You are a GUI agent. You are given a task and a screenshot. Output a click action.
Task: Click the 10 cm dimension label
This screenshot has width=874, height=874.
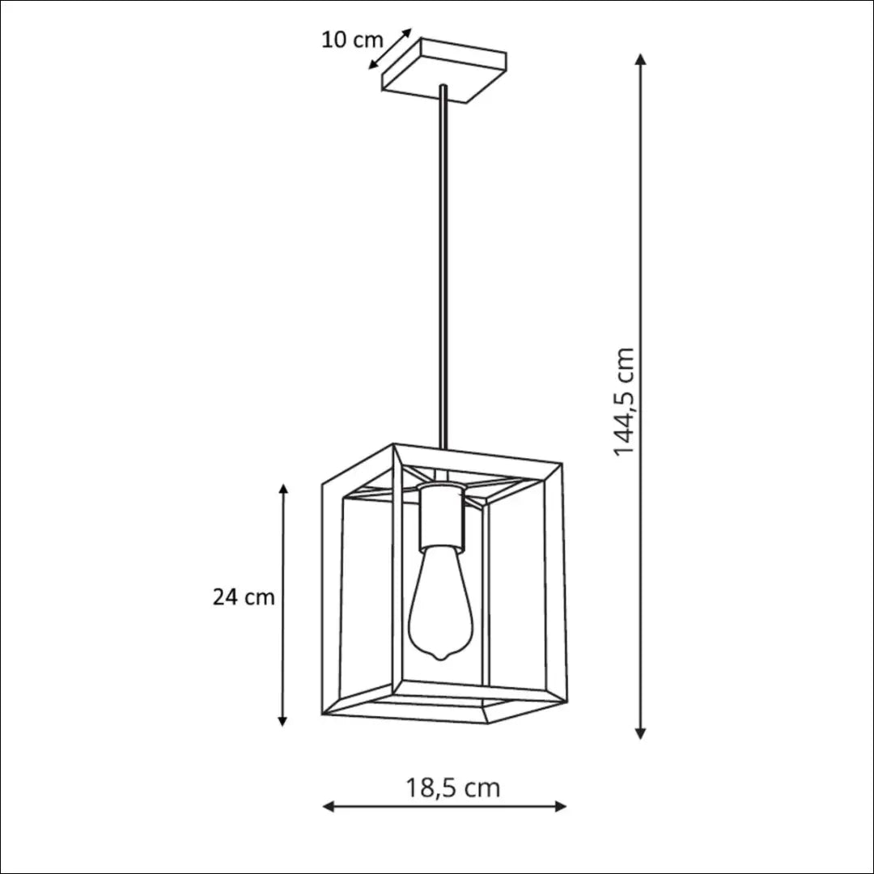[352, 40]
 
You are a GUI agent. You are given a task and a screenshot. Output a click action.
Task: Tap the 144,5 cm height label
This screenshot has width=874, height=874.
[624, 401]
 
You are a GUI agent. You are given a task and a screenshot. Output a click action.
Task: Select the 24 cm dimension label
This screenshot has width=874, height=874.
[244, 597]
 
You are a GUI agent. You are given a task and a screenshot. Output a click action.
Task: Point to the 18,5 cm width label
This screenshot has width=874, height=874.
[452, 788]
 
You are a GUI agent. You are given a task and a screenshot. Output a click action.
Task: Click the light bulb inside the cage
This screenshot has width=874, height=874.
[441, 604]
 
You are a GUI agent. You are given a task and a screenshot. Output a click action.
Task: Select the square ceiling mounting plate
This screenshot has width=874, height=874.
[444, 70]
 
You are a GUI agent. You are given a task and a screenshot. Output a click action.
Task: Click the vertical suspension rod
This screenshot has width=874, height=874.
[443, 266]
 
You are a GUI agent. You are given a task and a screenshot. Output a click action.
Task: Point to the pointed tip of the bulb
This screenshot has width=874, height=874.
[441, 660]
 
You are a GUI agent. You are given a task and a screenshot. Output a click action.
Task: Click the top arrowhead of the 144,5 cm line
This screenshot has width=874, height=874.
[641, 60]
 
